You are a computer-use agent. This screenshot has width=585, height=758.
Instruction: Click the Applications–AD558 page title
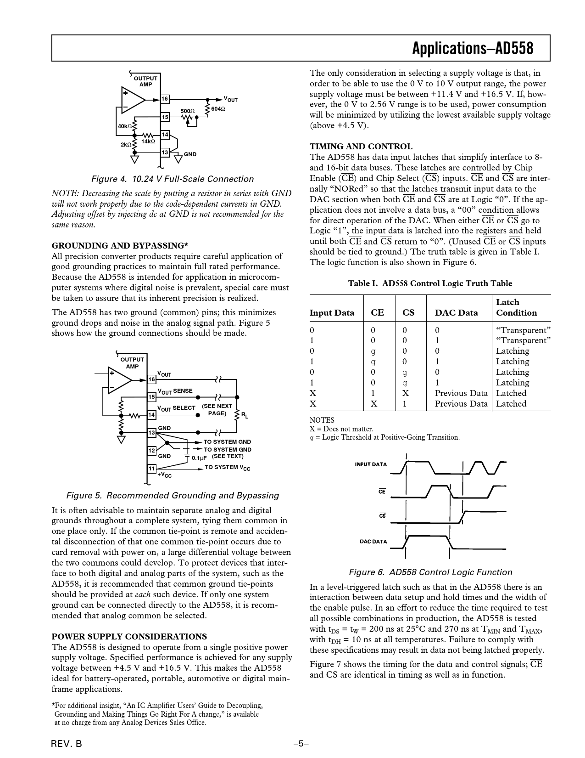click(x=473, y=48)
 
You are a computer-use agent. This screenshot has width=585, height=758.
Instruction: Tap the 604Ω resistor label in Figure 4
click(x=218, y=109)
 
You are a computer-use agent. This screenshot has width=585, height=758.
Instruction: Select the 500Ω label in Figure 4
click(x=187, y=111)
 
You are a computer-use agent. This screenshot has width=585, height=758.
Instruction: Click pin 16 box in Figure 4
click(x=165, y=99)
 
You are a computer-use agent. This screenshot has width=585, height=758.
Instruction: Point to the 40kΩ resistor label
click(x=124, y=126)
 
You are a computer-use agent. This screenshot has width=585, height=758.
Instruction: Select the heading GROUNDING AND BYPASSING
click(x=120, y=245)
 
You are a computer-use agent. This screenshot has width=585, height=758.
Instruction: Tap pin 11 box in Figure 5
click(x=152, y=468)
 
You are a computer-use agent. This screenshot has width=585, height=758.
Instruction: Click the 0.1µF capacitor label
click(x=199, y=458)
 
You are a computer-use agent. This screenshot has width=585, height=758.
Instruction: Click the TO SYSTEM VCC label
click(x=228, y=468)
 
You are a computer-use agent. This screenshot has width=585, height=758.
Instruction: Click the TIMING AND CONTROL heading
click(x=361, y=147)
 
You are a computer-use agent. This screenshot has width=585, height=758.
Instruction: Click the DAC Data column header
click(x=456, y=313)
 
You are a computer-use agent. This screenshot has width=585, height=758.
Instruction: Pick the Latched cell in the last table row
click(x=511, y=404)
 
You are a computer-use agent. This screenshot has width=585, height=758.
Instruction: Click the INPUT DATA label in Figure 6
click(x=371, y=464)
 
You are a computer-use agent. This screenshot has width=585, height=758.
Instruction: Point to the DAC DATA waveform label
click(x=373, y=541)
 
